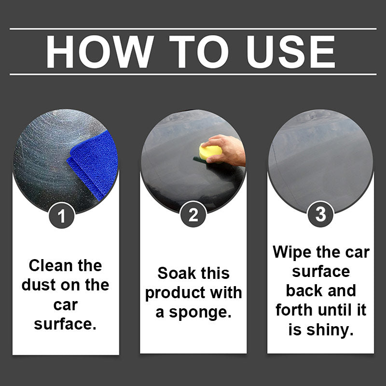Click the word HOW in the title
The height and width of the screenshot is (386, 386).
pyautogui.click(x=100, y=52)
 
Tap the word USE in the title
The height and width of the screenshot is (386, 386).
pyautogui.click(x=291, y=52)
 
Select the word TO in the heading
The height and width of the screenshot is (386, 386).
pyautogui.click(x=199, y=52)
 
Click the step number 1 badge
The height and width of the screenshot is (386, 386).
pyautogui.click(x=62, y=216)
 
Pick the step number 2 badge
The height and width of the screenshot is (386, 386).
pyautogui.click(x=193, y=214)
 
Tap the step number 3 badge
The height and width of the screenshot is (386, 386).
pyautogui.click(x=320, y=214)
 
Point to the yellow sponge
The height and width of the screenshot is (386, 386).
pyautogui.click(x=210, y=152)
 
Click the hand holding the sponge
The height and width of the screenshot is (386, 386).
pyautogui.click(x=226, y=150)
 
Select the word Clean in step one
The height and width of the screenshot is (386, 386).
pyautogui.click(x=51, y=266)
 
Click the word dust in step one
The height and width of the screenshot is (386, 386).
pyautogui.click(x=39, y=285)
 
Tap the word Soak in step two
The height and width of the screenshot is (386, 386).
pyautogui.click(x=177, y=273)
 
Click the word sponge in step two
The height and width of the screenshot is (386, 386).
pyautogui.click(x=200, y=313)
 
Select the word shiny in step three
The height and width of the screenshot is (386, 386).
pyautogui.click(x=330, y=330)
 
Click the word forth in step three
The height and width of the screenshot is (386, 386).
pyautogui.click(x=294, y=310)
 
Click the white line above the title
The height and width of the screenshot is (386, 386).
pyautogui.click(x=193, y=29)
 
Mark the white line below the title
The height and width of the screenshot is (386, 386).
pyautogui.click(x=193, y=74)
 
